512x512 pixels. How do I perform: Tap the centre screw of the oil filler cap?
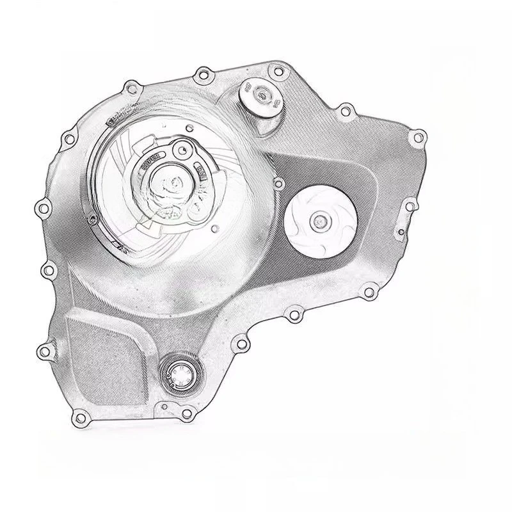tap(260, 96)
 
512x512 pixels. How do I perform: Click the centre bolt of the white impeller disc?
tap(318, 222)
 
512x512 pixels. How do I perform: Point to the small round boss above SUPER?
tap(184, 151)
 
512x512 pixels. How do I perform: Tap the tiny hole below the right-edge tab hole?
tap(401, 232)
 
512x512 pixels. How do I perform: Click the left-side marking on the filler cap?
tap(246, 90)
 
